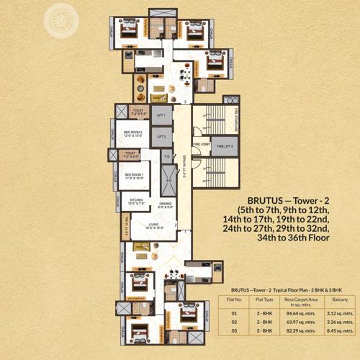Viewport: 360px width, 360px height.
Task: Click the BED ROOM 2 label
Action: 133,135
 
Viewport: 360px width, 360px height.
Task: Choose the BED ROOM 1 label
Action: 135,176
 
